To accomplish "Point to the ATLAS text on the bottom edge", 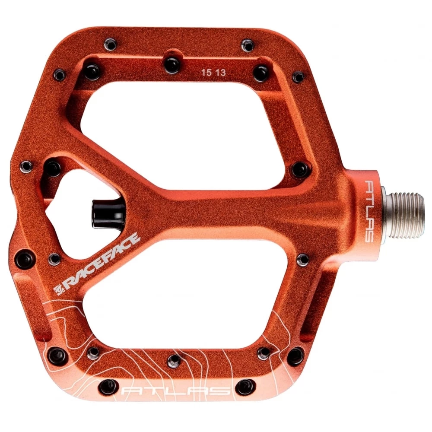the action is (x=176, y=392).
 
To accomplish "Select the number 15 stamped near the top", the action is (x=206, y=73).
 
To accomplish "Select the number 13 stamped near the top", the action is (x=220, y=73).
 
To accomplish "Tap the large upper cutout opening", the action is (x=182, y=132).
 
